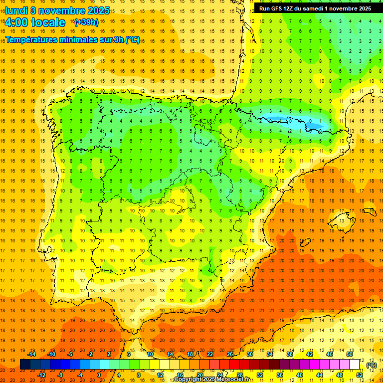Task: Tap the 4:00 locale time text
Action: (35, 22)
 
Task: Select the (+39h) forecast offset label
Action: (86, 22)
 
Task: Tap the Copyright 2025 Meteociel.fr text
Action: (211, 380)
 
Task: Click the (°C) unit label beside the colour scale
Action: (371, 365)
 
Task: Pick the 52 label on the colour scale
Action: (360, 375)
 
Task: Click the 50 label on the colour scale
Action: (350, 354)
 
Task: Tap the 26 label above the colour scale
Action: (230, 354)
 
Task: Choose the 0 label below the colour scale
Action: (99, 375)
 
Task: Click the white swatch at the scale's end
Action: (355, 365)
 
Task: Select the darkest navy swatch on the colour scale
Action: (25, 365)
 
